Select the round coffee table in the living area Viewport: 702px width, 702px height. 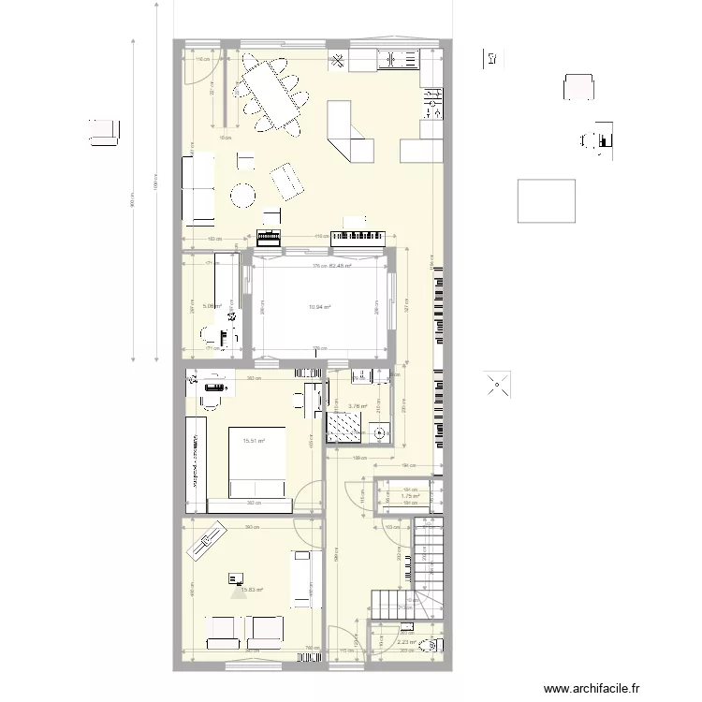243,195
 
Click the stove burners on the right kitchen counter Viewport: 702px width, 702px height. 432,101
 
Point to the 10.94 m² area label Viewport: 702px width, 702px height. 321,306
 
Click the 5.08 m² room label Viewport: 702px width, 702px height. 212,305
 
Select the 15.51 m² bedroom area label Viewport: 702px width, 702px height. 253,441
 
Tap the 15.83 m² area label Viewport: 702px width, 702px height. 252,590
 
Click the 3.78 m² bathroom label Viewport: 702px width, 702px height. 358,406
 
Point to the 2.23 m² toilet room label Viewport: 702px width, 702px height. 406,642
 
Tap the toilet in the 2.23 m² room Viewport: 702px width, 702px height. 430,644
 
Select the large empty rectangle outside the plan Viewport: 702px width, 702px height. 547,200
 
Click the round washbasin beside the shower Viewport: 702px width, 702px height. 379,432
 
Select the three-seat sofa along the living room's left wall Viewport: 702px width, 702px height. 197,190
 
